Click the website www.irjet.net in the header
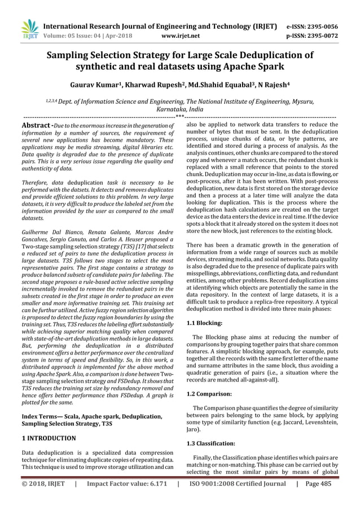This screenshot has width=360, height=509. [180, 36]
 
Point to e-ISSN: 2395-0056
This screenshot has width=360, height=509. [320, 26]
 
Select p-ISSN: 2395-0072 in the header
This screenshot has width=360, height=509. [320, 36]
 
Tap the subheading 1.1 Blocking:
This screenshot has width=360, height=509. [205, 323]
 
